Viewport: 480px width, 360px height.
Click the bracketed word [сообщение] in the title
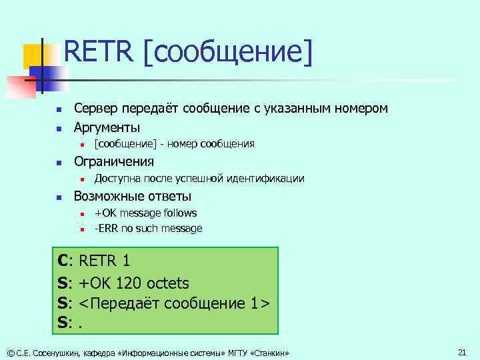(227, 53)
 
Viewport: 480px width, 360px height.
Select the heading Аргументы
(107, 127)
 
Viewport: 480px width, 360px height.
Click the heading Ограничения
(113, 162)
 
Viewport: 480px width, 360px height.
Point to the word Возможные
(109, 197)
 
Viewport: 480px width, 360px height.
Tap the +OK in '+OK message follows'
(105, 213)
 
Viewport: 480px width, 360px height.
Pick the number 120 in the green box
(129, 282)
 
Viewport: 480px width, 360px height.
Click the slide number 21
(461, 351)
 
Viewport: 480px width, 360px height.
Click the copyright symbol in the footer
(9, 352)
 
